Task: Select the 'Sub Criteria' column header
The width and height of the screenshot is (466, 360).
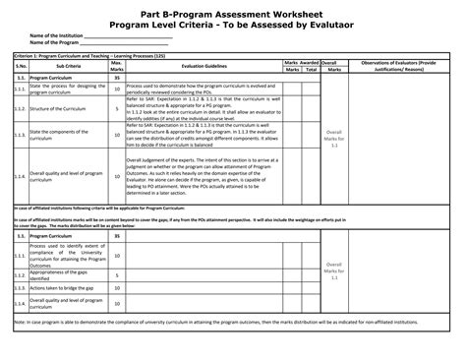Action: tap(68, 94)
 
